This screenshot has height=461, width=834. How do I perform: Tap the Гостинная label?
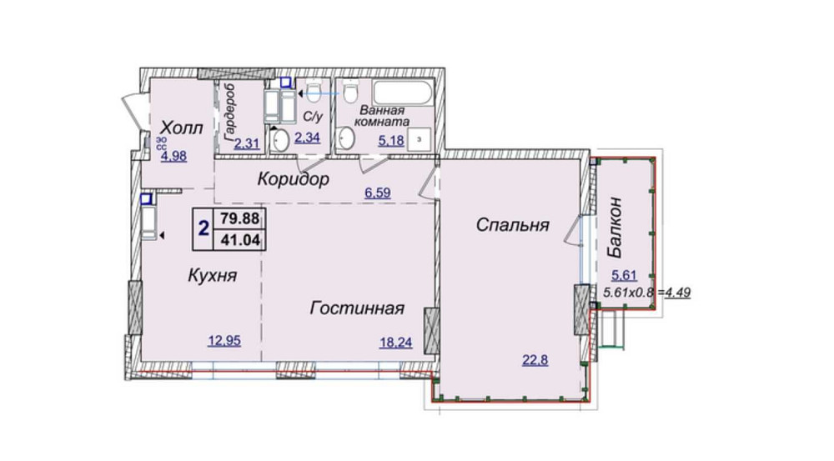[356, 308]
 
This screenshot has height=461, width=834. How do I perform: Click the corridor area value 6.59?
[377, 193]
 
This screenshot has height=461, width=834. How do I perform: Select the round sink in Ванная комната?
[347, 138]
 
